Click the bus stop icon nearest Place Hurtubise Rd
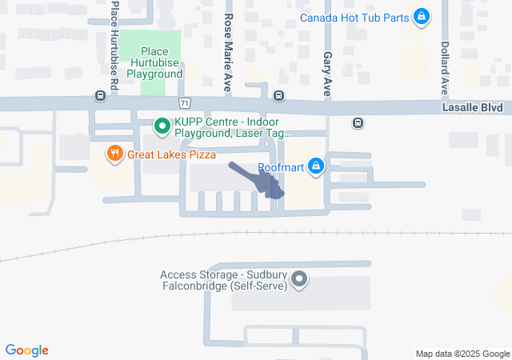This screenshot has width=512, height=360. point(100,96)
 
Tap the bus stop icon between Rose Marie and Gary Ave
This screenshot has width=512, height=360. point(278,96)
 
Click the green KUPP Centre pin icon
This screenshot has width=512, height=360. point(161,126)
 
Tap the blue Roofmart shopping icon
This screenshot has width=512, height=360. point(317,166)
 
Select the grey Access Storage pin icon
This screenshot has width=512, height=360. point(299,279)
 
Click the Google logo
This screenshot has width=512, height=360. point(26,350)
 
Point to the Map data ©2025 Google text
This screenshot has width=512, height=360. point(462,354)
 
